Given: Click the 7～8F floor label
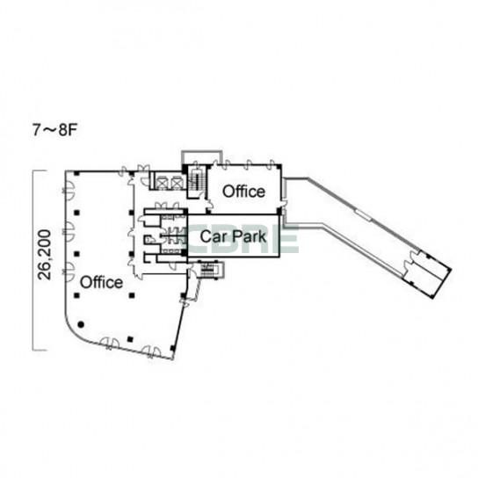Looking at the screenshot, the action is pos(54,130).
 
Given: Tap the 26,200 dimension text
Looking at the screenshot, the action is pos(44,255).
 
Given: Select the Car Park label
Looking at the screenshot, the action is pos(233,237).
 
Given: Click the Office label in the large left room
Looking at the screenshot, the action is pos(102,282).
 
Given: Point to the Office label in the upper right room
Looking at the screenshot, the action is pos(243,192).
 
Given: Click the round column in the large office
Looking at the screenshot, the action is pos(81,324).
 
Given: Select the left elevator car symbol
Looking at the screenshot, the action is pos(162,183).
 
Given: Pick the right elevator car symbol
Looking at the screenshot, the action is pos(177,183).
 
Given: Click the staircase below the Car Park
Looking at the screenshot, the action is pos(209,270).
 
